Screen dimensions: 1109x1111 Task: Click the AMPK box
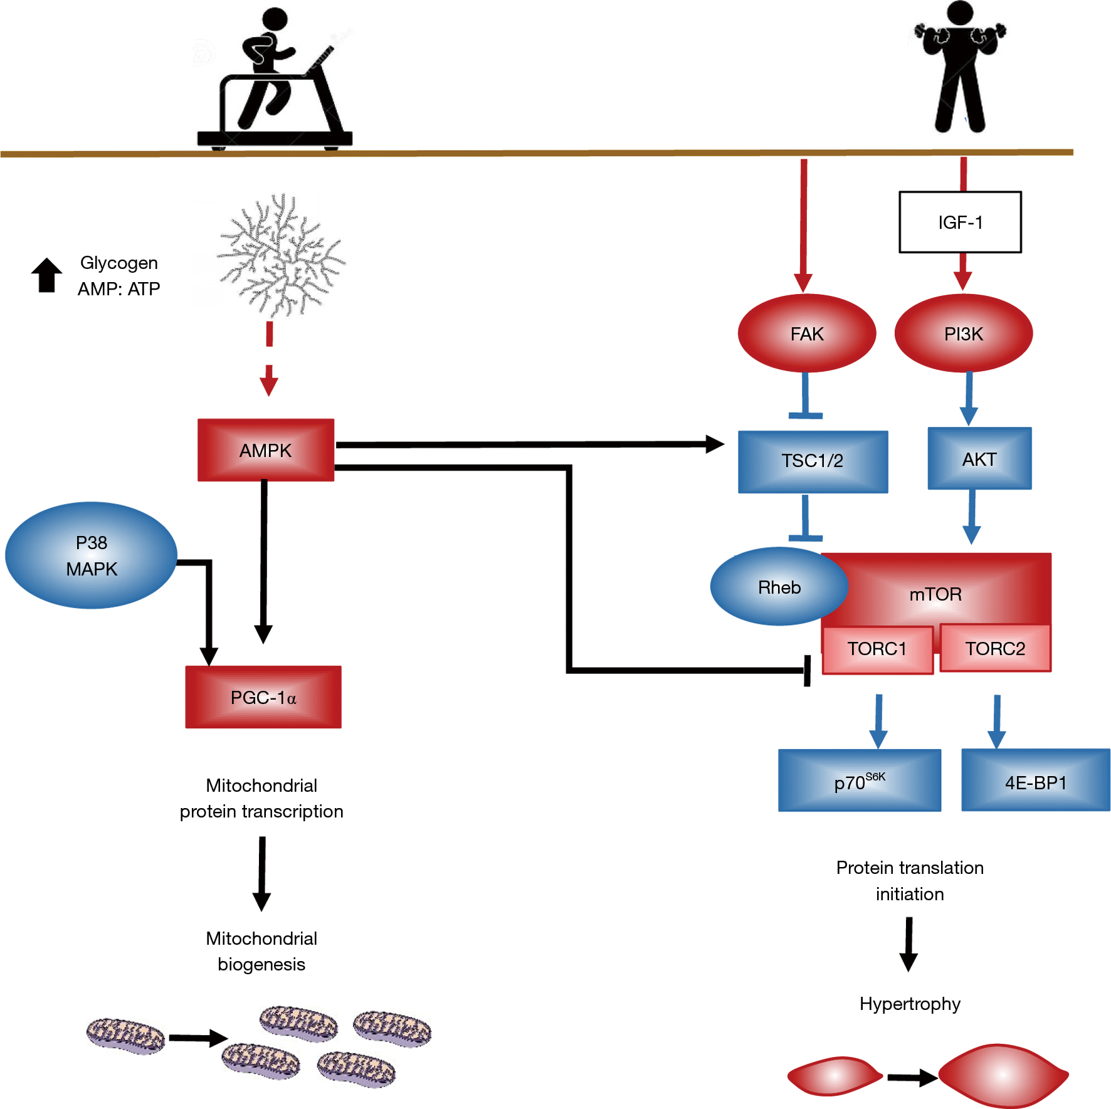(x=266, y=450)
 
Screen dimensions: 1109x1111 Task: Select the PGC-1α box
(x=263, y=697)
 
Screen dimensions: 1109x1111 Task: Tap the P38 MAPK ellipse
(x=92, y=555)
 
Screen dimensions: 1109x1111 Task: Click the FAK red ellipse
(x=806, y=334)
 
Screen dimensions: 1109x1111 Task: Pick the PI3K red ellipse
(x=963, y=334)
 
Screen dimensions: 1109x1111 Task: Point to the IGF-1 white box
(x=960, y=223)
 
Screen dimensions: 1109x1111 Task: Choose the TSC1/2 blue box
(x=813, y=461)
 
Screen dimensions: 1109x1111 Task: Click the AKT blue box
(x=979, y=459)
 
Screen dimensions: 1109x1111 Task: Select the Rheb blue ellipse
(x=779, y=587)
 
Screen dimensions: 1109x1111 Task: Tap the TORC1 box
(x=877, y=649)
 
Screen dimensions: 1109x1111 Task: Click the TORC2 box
(x=995, y=649)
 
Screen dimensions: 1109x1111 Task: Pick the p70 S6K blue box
(x=859, y=781)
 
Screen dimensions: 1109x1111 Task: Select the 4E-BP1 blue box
(x=1035, y=781)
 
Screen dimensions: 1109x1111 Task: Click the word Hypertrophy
(x=910, y=1004)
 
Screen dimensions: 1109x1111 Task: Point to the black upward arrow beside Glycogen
(x=47, y=275)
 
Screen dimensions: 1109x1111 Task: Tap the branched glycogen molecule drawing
(x=281, y=256)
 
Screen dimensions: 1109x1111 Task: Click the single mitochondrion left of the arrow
(x=125, y=1036)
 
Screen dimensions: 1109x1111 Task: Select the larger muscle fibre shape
(x=1002, y=1075)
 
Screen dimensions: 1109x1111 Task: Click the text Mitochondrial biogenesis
(x=261, y=951)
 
